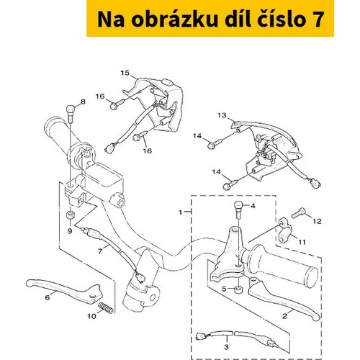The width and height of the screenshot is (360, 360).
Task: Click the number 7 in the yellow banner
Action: [318, 19]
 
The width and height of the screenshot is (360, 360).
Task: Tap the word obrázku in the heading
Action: [174, 19]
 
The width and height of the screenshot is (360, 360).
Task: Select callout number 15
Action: [125, 73]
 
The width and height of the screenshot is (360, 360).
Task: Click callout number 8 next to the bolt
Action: [83, 102]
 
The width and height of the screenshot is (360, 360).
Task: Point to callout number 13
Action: [222, 115]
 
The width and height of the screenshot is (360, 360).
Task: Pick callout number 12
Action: [317, 221]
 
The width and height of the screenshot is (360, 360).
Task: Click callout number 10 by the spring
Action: [91, 316]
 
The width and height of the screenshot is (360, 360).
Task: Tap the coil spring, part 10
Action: [106, 307]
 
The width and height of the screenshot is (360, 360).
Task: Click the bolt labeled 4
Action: [238, 210]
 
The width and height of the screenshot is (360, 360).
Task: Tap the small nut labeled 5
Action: [238, 289]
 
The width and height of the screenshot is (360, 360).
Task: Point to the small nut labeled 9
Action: [71, 215]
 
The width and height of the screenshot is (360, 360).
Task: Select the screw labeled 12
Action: [299, 213]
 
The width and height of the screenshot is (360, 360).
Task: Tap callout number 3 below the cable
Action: [226, 347]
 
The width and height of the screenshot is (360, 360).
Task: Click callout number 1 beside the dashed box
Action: [181, 212]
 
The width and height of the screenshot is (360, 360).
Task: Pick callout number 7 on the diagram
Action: [100, 251]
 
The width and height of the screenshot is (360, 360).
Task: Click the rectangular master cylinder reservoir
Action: [103, 175]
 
